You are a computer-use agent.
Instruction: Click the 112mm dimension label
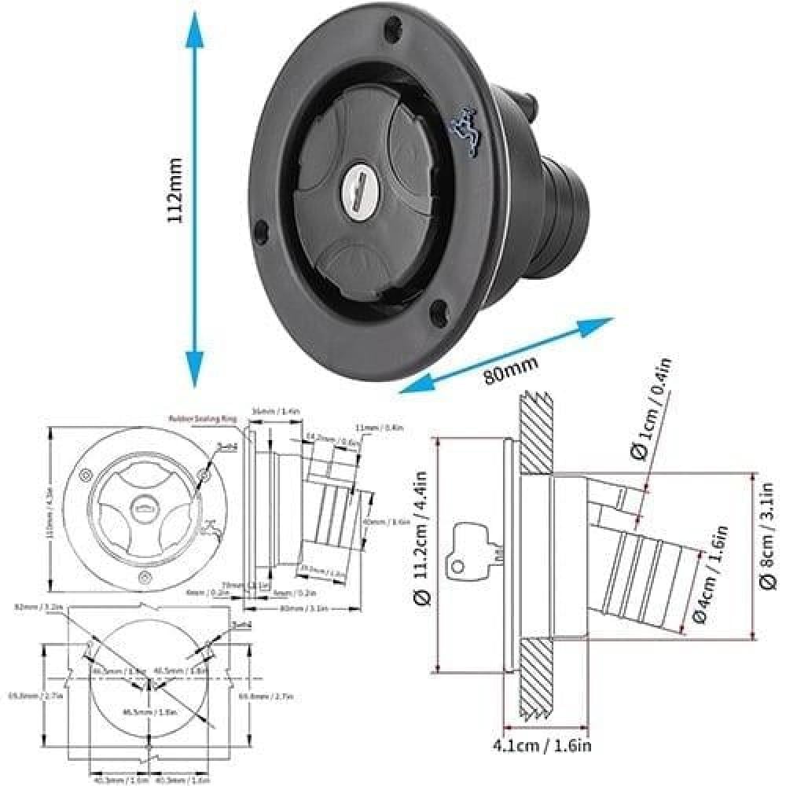tap(174, 193)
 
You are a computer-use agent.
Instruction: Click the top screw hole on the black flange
tap(389, 31)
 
